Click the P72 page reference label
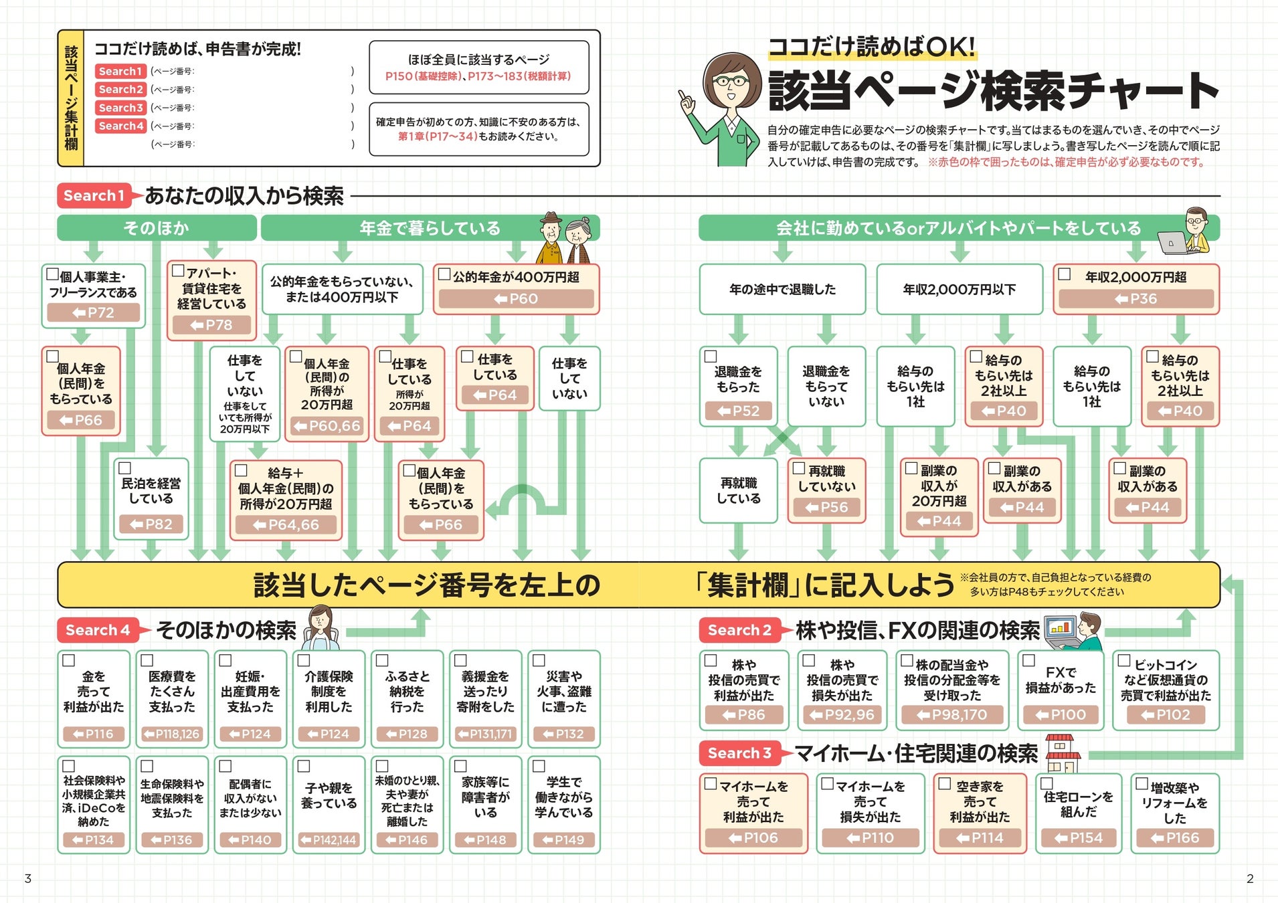94,312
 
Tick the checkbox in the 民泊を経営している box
125,468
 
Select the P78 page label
211,325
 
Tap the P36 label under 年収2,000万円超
1135,299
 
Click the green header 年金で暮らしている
430,228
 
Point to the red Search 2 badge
739,630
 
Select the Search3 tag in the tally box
120,108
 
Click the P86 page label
744,715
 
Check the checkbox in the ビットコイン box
1124,661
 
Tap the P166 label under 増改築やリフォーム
1175,838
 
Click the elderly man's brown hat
551,219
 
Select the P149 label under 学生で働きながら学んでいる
563,840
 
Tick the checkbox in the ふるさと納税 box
382,660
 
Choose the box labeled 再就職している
738,490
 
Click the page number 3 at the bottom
27,878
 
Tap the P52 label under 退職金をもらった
738,411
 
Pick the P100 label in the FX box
1061,715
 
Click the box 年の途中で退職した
782,289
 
